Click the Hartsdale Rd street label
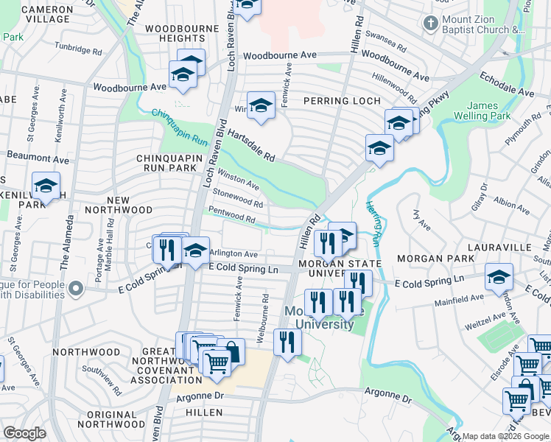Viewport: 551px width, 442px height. (250, 146)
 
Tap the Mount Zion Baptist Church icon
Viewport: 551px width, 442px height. (431, 23)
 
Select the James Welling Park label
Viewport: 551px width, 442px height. (488, 111)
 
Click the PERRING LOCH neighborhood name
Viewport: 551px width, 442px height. (342, 101)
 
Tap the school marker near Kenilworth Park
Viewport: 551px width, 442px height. (46, 186)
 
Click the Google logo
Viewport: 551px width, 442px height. (24, 434)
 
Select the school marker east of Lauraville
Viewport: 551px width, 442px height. (499, 278)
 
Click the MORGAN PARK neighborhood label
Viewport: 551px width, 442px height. (429, 259)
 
